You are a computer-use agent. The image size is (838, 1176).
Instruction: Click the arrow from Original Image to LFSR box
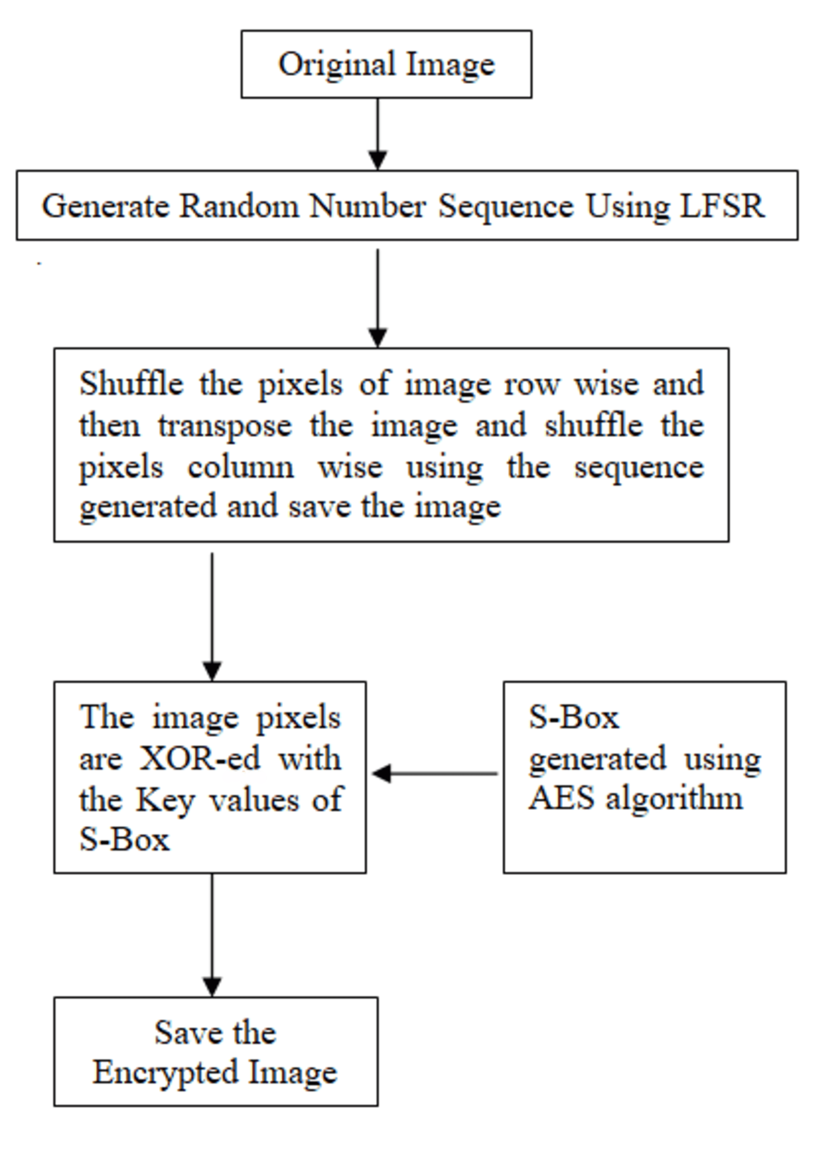(378, 133)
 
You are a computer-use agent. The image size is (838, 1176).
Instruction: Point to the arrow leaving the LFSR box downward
(378, 297)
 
